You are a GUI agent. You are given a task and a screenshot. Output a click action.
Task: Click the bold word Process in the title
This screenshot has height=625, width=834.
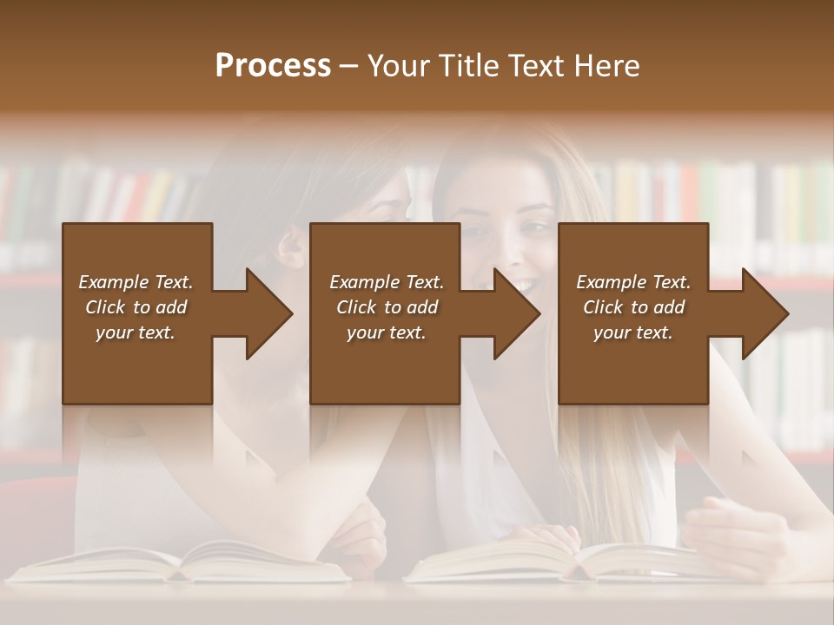pyautogui.click(x=273, y=66)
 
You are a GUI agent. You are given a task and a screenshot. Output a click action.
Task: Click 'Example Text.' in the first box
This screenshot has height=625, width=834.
pyautogui.click(x=136, y=282)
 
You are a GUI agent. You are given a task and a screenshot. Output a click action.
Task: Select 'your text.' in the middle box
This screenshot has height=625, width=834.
pyautogui.click(x=386, y=332)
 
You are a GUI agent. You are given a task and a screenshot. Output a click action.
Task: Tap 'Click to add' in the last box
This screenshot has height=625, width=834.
pyautogui.click(x=633, y=307)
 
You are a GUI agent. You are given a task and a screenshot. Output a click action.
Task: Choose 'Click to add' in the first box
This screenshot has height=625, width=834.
pyautogui.click(x=136, y=307)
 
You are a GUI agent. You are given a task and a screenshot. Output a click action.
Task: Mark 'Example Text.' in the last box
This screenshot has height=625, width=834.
pyautogui.click(x=633, y=282)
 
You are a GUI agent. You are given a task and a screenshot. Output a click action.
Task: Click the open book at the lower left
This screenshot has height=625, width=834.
pyautogui.click(x=182, y=562)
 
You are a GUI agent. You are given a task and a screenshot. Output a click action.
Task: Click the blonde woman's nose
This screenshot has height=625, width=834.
pyautogui.click(x=513, y=253)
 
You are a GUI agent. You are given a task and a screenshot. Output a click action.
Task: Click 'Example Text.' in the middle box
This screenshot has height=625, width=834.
pyautogui.click(x=386, y=282)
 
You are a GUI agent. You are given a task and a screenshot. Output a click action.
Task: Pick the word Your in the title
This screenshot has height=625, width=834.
pyautogui.click(x=399, y=66)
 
